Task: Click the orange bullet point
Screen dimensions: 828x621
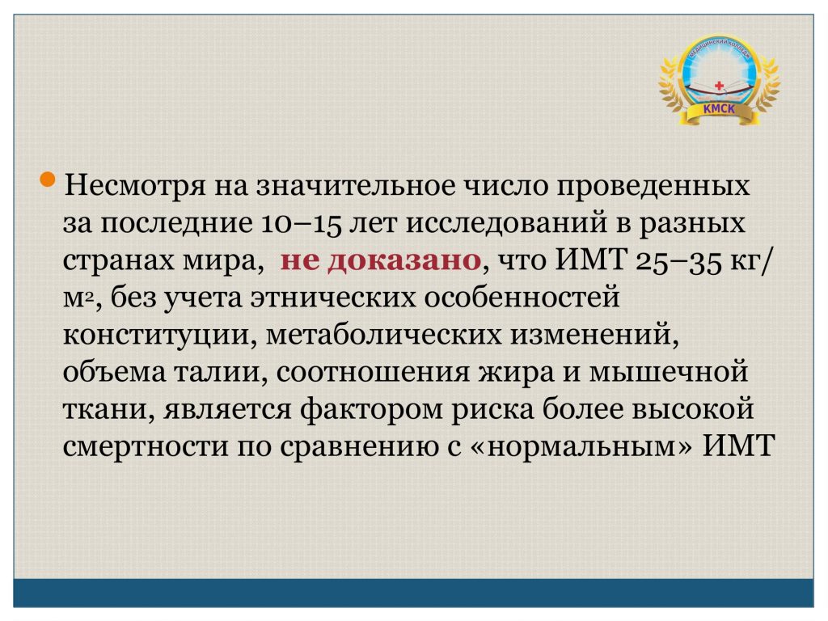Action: [x=48, y=179]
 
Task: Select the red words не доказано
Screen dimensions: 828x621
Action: [x=380, y=260]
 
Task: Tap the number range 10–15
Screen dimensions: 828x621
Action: [x=301, y=223]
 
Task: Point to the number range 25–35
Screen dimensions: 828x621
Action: [x=678, y=261]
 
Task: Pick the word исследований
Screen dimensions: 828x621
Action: [x=506, y=223]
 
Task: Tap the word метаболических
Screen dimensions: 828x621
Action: [x=383, y=335]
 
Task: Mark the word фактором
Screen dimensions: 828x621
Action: [x=372, y=410]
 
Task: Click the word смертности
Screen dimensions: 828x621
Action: [x=146, y=446]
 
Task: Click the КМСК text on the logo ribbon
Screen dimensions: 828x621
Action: [x=719, y=109]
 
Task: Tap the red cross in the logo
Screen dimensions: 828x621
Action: [x=719, y=85]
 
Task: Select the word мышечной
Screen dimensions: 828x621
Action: [x=669, y=372]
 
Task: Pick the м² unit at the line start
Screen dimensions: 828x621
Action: [x=78, y=298]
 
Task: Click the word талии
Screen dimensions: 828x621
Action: [x=217, y=373]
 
